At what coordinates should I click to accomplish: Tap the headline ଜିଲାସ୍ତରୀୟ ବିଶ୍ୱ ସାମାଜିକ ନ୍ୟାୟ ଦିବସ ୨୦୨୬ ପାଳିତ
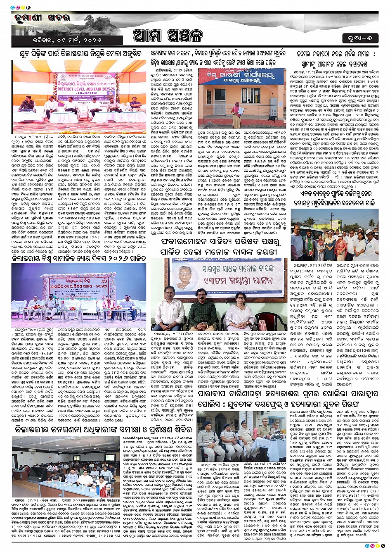coord(78,258)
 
